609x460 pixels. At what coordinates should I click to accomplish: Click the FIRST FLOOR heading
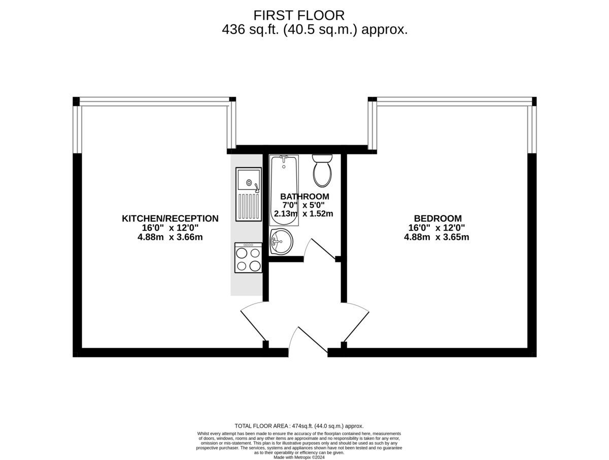click(x=299, y=16)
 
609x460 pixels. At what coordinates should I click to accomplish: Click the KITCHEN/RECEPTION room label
click(x=170, y=219)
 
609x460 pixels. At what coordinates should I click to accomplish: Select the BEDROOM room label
click(x=438, y=218)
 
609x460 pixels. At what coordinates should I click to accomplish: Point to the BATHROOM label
click(x=304, y=196)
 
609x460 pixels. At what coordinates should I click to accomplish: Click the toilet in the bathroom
click(x=322, y=171)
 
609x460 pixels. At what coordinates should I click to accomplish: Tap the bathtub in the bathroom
click(x=284, y=190)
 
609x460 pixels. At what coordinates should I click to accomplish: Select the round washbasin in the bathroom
click(x=281, y=241)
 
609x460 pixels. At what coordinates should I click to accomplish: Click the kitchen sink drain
click(x=249, y=183)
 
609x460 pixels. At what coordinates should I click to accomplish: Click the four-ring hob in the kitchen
click(x=248, y=258)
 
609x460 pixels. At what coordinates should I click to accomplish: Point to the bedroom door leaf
click(x=356, y=326)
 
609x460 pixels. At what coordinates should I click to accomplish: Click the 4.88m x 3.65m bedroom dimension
click(x=436, y=237)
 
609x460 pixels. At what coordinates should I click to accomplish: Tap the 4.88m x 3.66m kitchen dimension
click(x=170, y=237)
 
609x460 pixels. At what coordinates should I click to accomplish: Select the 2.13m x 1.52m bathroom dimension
click(x=303, y=214)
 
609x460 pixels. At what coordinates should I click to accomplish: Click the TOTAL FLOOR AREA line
click(x=299, y=426)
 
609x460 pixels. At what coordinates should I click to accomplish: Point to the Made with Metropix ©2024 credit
click(x=299, y=457)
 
